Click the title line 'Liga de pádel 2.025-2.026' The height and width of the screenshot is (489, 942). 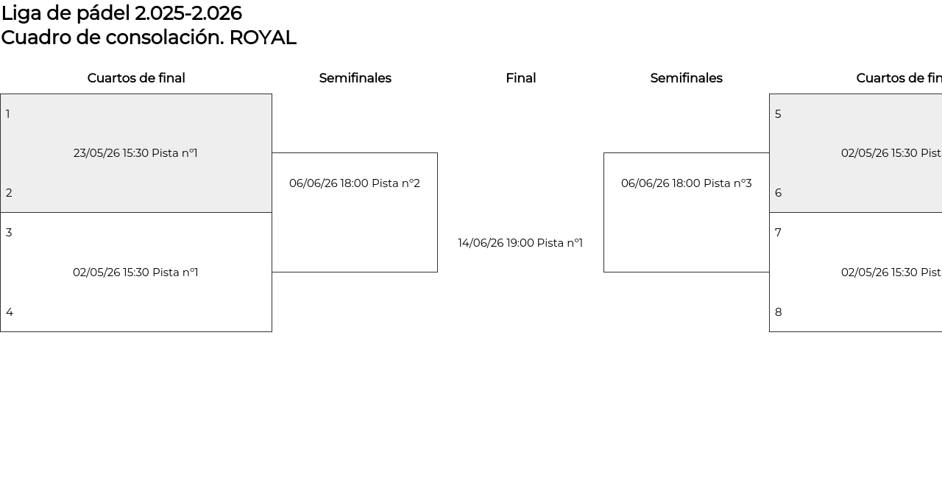121,13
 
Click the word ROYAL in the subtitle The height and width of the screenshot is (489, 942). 263,38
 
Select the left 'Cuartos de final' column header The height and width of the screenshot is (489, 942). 136,78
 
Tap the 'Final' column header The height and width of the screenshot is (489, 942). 520,78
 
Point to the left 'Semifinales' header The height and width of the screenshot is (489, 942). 355,78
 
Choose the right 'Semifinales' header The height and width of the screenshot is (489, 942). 686,78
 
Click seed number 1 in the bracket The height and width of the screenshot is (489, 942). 8,114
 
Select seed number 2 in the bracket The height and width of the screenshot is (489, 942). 9,193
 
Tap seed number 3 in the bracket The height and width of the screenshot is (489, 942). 9,233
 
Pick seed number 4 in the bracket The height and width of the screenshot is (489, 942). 10,312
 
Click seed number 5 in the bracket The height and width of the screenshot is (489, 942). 778,114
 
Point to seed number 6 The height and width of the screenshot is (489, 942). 778,193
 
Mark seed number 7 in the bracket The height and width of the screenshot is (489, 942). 778,233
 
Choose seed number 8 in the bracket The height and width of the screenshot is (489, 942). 778,312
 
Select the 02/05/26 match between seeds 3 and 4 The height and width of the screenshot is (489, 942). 135,272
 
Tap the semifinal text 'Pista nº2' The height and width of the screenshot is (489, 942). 396,183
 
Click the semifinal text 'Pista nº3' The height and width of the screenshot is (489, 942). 728,183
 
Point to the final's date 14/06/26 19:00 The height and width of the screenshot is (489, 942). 495,243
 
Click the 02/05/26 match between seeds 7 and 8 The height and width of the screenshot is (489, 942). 890,272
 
